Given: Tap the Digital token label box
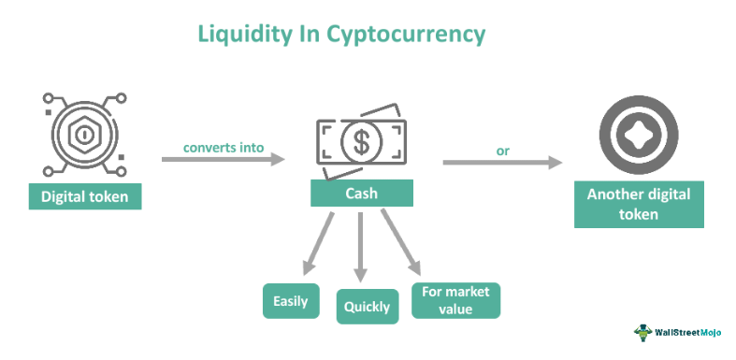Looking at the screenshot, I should point(85,196).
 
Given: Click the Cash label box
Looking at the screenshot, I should point(361,194).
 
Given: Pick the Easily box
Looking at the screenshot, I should point(291,301).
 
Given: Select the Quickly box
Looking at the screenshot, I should point(367,306).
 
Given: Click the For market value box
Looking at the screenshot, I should point(455,301).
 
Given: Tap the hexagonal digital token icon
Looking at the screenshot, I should point(83,133).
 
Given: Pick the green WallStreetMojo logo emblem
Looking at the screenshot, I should point(643,333).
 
